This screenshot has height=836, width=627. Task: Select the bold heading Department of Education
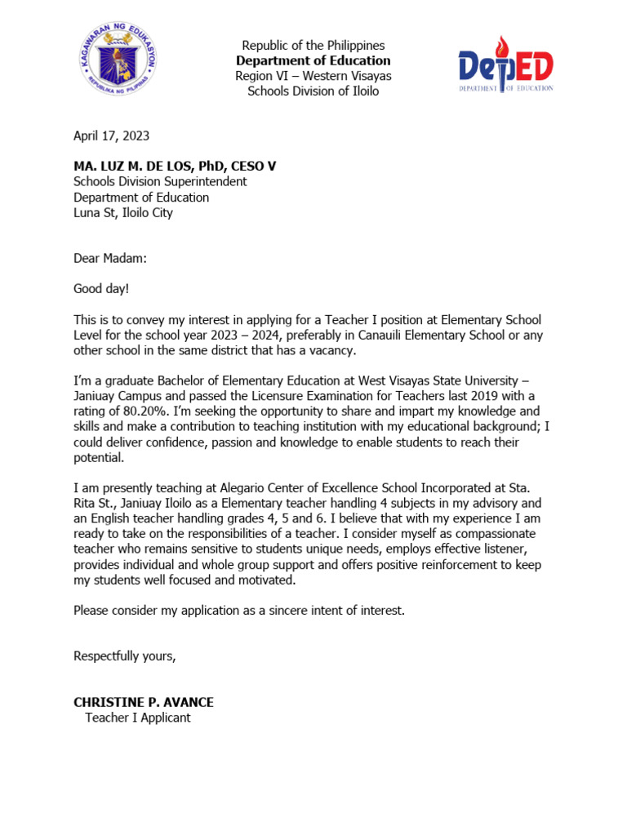[x=313, y=61]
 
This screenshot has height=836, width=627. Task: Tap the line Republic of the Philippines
[x=313, y=46]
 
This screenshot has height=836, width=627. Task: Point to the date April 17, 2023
[x=111, y=136]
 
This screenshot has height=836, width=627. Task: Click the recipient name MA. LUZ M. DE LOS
[x=155, y=167]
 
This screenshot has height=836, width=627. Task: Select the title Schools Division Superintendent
[x=160, y=182]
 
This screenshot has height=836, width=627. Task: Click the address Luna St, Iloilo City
[x=123, y=213]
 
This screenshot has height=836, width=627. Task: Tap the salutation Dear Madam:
[x=110, y=259]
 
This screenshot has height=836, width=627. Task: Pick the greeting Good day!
[x=100, y=289]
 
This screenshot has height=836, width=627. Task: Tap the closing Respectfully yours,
[x=124, y=656]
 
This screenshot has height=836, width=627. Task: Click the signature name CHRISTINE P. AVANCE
[x=144, y=702]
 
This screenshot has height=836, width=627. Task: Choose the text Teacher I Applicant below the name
[x=137, y=718]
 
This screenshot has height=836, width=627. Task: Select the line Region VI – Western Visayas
[x=313, y=76]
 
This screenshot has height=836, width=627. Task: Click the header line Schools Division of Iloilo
[x=313, y=91]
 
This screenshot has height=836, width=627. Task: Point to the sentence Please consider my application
[x=238, y=610]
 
